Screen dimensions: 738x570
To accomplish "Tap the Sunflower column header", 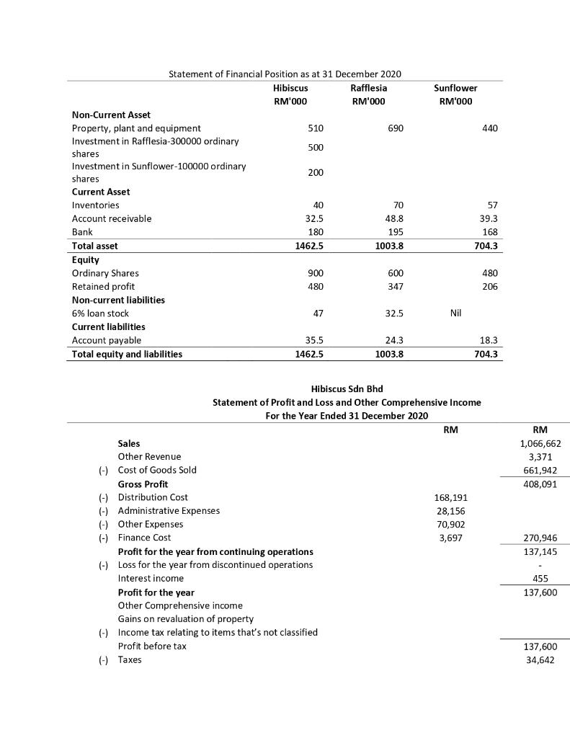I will coord(455,88).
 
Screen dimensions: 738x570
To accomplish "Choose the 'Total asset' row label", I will coord(95,246).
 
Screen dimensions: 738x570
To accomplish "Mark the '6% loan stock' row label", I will coord(100,314).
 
